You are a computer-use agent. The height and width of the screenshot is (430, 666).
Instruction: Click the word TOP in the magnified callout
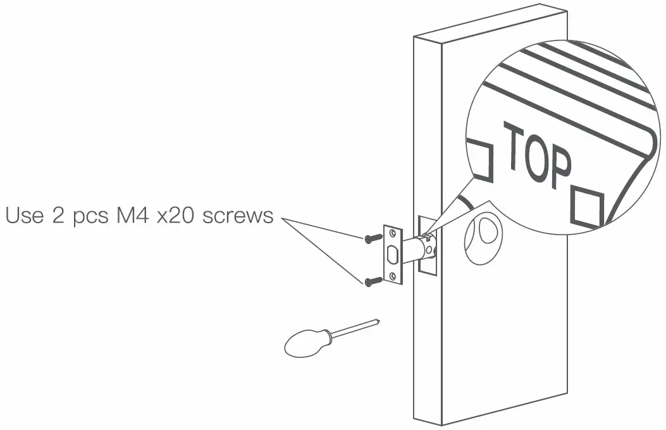pyautogui.click(x=536, y=156)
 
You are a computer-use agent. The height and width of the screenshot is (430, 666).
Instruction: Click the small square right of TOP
pyautogui.click(x=587, y=206)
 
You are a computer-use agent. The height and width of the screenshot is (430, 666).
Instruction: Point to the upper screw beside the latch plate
pyautogui.click(x=373, y=238)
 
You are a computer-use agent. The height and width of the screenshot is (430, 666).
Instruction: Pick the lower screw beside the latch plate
pyautogui.click(x=373, y=281)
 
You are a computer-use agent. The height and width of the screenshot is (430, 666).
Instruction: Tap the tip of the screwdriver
pyautogui.click(x=378, y=321)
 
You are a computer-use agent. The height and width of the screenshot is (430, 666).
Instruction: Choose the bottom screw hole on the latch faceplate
pyautogui.click(x=393, y=276)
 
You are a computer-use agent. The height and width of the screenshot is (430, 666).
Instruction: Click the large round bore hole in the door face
pyautogui.click(x=481, y=238)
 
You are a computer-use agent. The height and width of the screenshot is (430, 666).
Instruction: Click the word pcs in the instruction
pyautogui.click(x=85, y=218)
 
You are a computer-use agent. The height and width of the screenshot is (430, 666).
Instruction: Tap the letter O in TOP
pyautogui.click(x=536, y=155)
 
